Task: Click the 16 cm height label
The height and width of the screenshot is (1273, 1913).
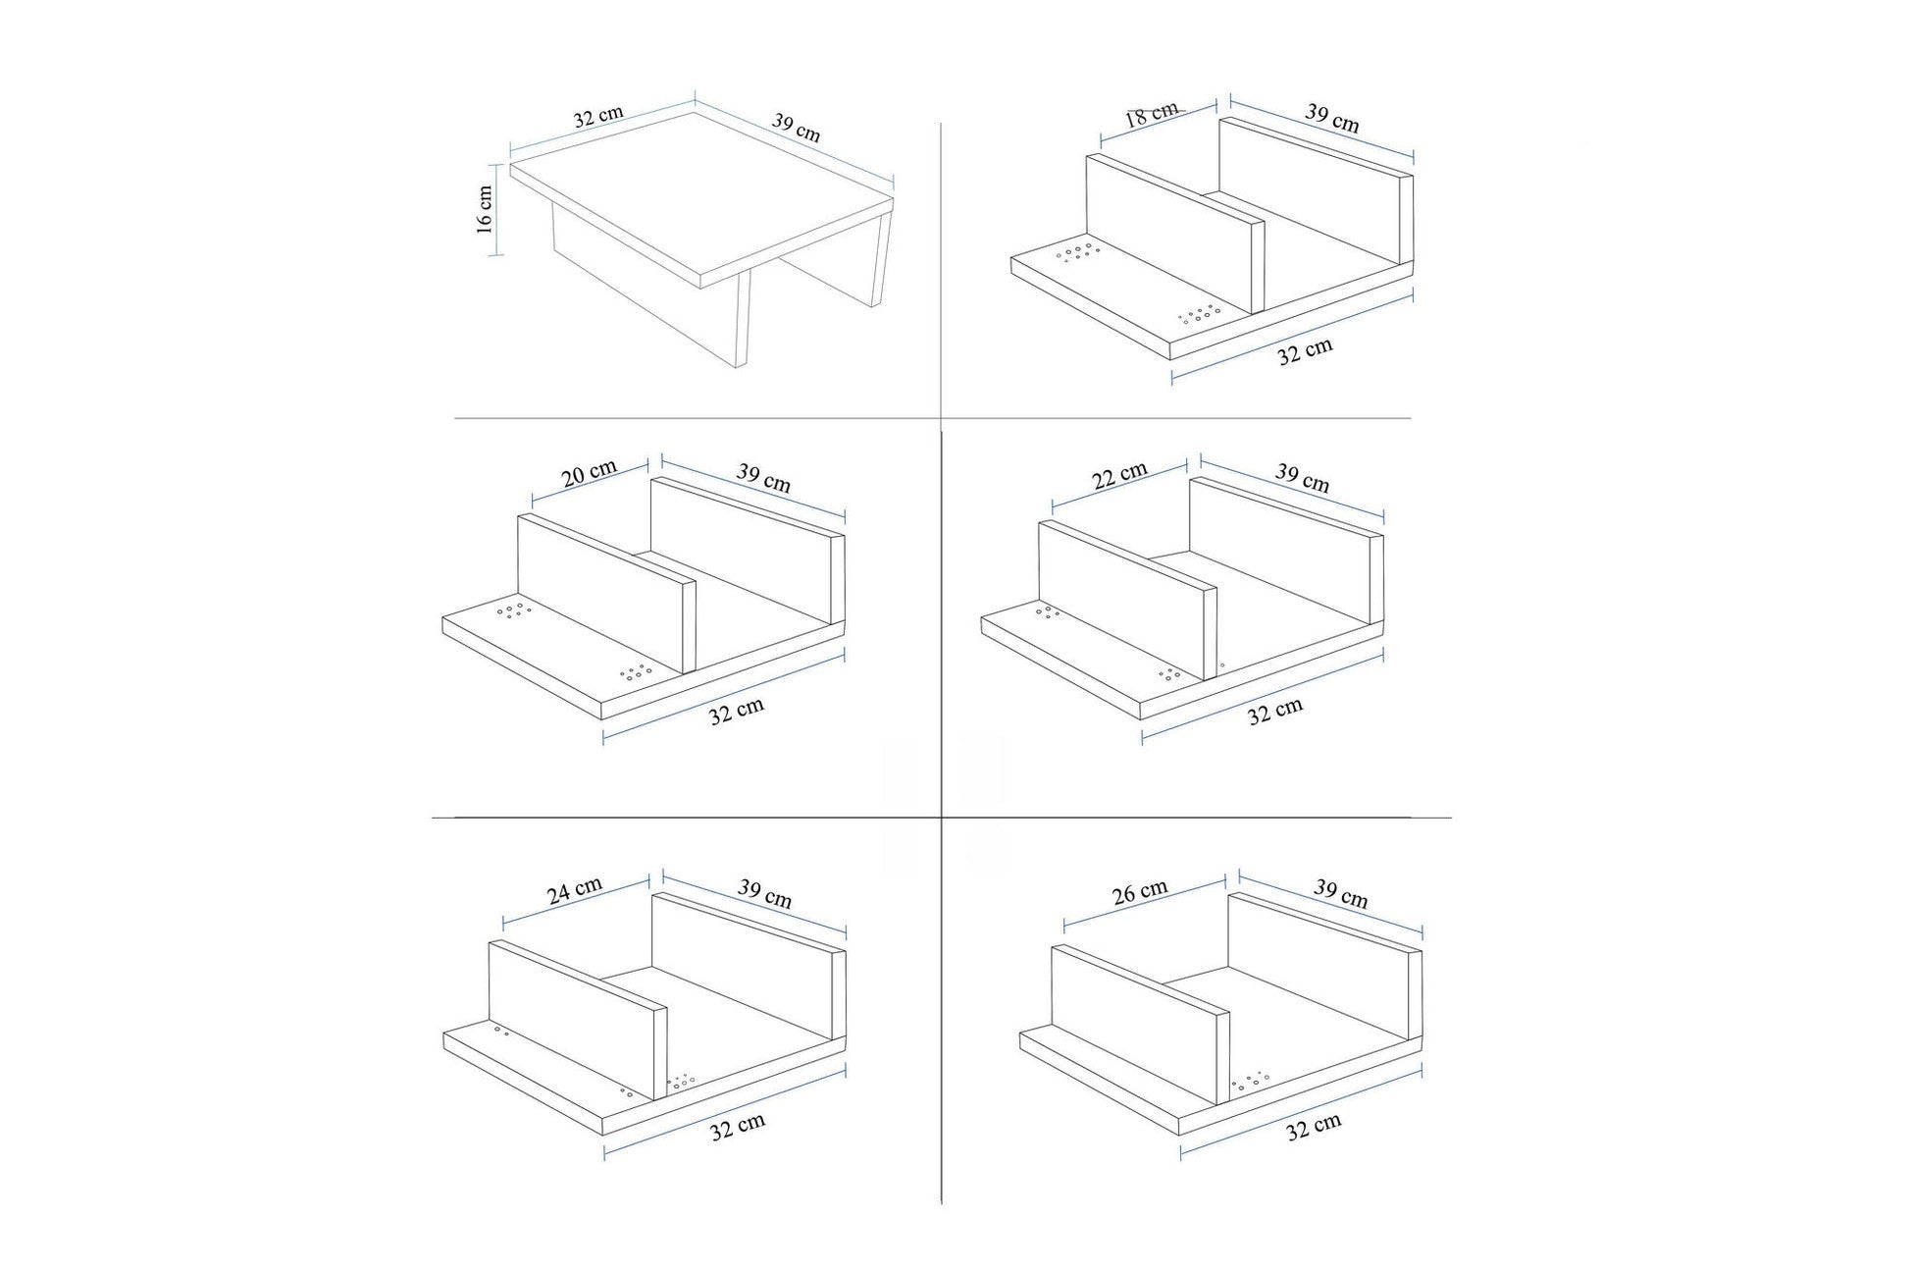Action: [x=485, y=209]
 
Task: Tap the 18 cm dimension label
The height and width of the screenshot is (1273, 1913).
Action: [x=1151, y=114]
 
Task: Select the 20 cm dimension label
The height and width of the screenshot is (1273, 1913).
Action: [x=589, y=474]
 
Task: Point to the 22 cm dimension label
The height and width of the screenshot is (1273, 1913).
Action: [x=1119, y=476]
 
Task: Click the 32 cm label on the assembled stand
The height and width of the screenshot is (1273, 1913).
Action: [x=598, y=117]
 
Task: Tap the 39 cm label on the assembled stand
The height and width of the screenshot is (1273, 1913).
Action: [x=796, y=128]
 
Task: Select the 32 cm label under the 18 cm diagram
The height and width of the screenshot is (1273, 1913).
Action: [x=1305, y=351]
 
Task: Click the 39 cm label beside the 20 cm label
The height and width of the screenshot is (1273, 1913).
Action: [x=763, y=478]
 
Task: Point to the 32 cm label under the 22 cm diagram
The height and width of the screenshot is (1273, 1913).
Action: [x=1275, y=712]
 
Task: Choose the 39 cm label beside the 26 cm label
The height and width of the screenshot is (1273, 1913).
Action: [x=1340, y=894]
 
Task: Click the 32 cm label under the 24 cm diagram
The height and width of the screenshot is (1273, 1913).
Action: [x=737, y=1127]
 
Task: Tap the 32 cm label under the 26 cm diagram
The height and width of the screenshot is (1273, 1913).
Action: [x=1313, y=1127]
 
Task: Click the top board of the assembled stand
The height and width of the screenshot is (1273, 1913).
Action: [x=701, y=196]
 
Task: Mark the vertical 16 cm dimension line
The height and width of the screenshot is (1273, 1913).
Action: [x=495, y=210]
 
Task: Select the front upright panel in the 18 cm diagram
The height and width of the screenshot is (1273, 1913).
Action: [x=1172, y=236]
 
